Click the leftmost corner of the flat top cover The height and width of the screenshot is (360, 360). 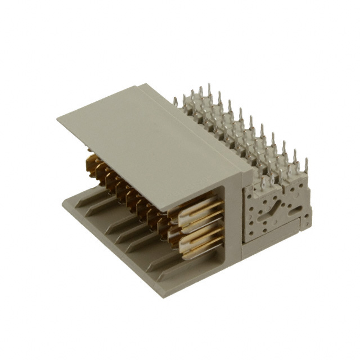pyautogui.click(x=58, y=119)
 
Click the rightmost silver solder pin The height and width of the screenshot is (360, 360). pyautogui.click(x=307, y=165)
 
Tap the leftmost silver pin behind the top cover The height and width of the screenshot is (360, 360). pyautogui.click(x=175, y=102)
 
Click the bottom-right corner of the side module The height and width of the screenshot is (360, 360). pyautogui.click(x=309, y=228)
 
